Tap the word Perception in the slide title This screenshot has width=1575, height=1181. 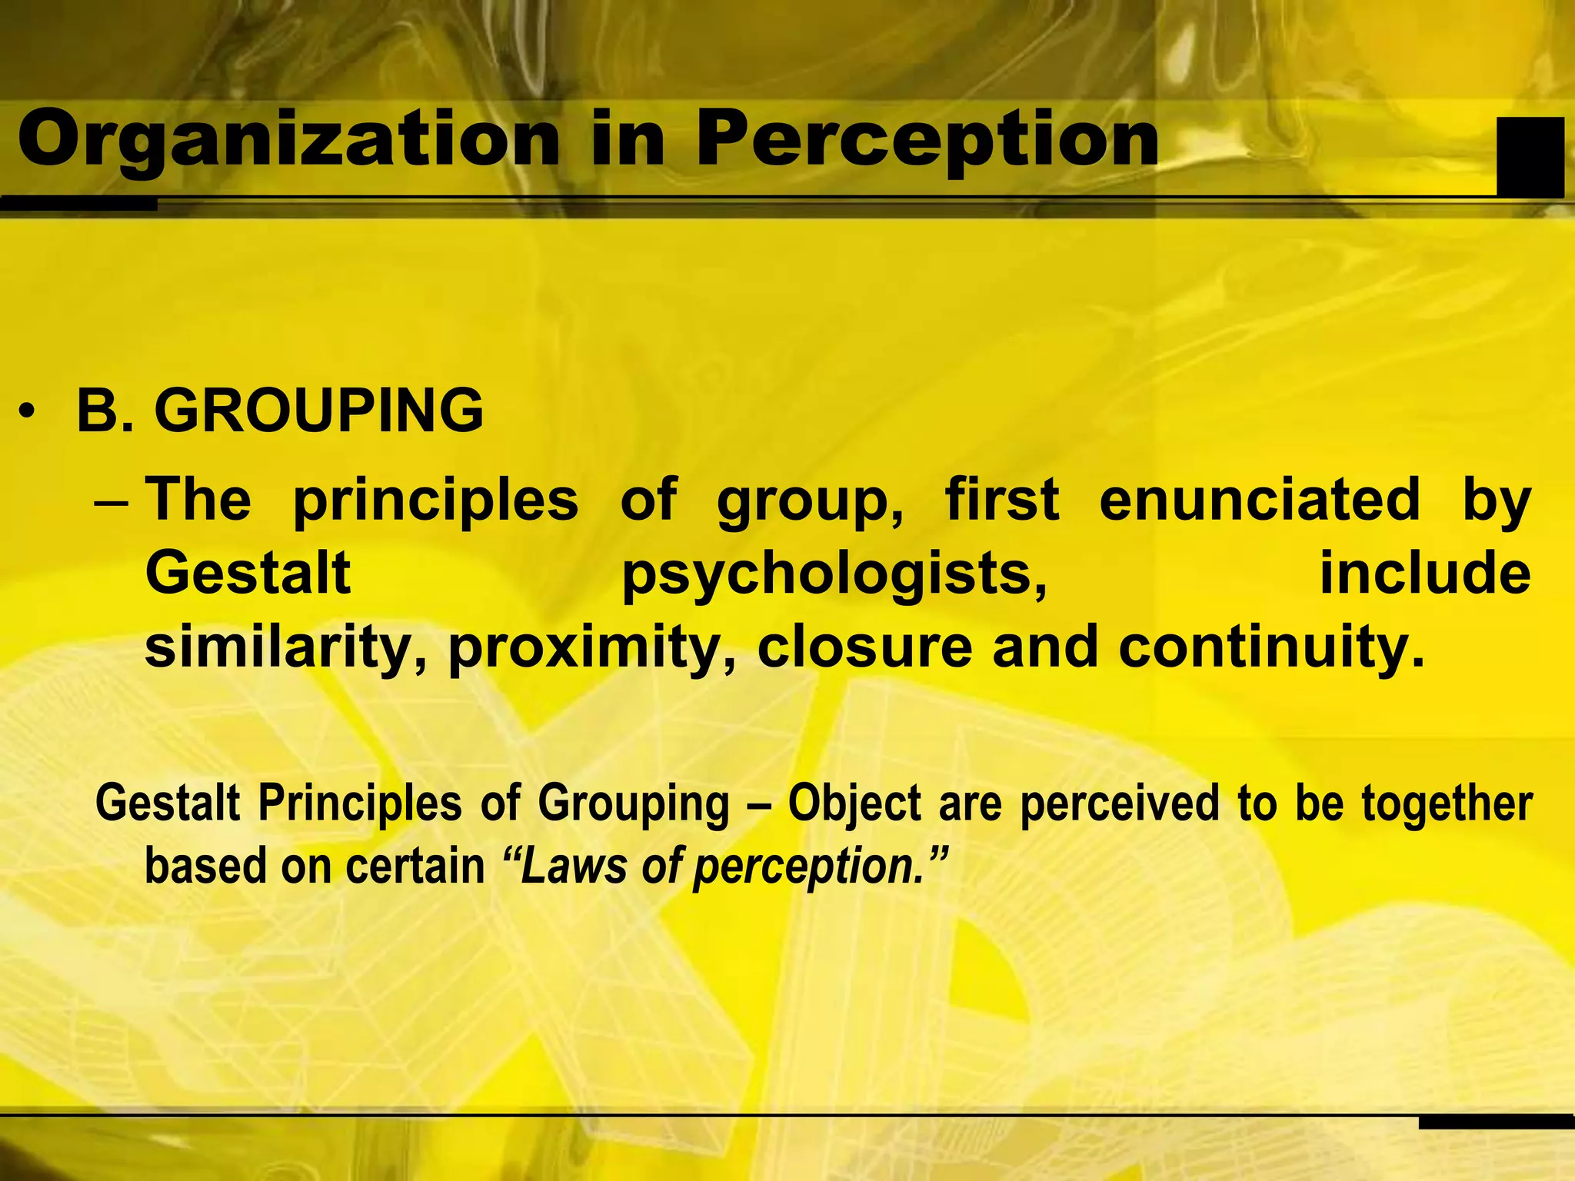point(927,139)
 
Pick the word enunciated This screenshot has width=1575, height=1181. point(1260,500)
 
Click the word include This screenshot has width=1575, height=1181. point(1425,574)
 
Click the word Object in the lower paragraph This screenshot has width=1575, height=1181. point(854,804)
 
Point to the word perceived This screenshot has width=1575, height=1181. point(1120,804)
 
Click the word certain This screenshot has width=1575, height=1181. point(415,866)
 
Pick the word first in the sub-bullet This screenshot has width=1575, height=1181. point(1001,500)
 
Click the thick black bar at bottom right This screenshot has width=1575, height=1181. point(1496,1122)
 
